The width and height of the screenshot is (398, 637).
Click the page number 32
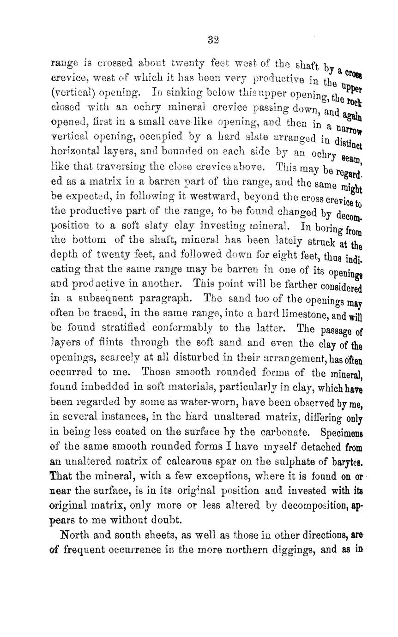click(x=213, y=40)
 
